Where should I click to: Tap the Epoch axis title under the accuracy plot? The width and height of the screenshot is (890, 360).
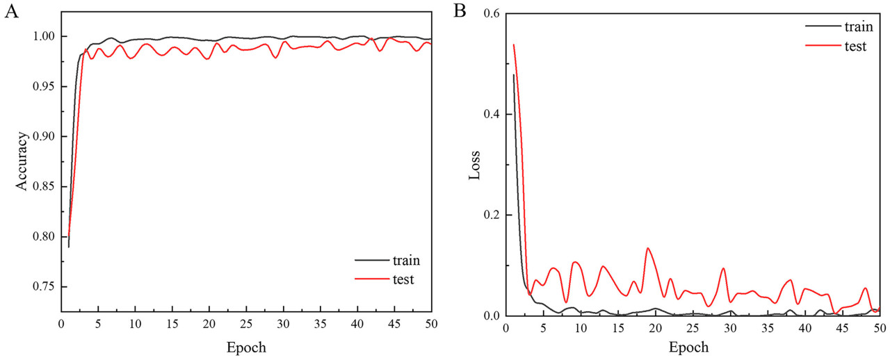click(x=245, y=346)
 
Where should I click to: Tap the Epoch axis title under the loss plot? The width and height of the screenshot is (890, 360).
click(x=690, y=346)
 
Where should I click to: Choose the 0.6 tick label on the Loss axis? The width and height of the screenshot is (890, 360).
click(x=492, y=13)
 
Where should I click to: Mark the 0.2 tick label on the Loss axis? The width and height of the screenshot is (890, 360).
click(x=492, y=215)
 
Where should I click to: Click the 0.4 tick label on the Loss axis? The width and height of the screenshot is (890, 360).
click(x=492, y=115)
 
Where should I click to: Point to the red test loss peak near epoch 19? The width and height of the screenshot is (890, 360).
click(x=648, y=247)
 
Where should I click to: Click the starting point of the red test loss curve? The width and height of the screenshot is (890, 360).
click(x=513, y=44)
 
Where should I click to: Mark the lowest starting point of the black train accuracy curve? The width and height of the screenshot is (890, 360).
click(x=69, y=247)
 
